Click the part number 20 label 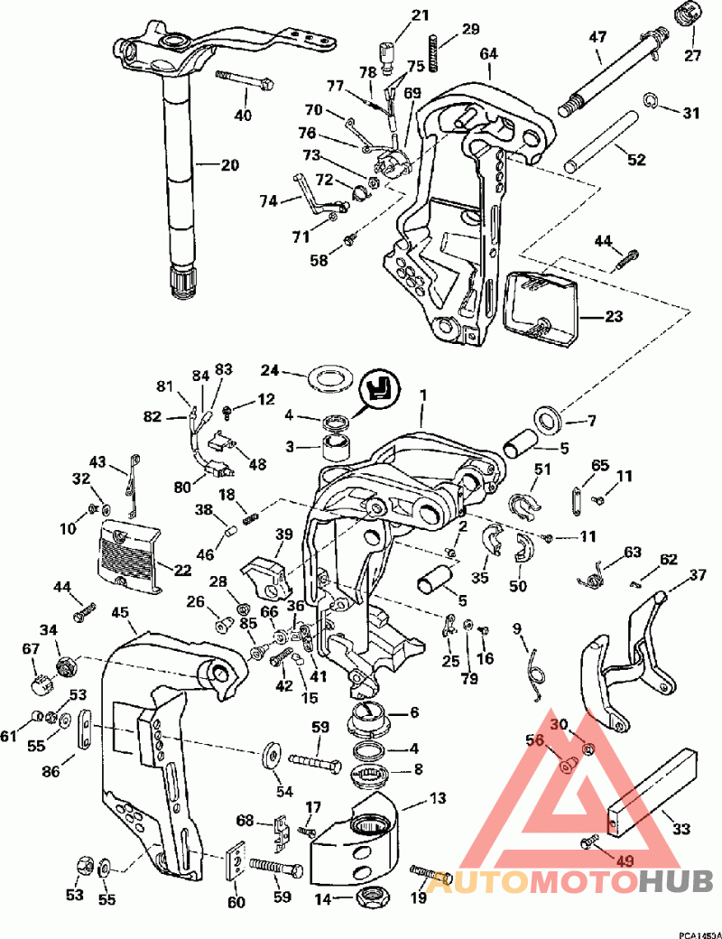[x=230, y=164]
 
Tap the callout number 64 [x=488, y=53]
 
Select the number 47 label [x=597, y=36]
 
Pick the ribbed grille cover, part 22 [x=130, y=555]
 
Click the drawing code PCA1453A [x=699, y=934]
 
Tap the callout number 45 [x=120, y=613]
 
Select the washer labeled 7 [x=546, y=418]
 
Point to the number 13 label [x=438, y=798]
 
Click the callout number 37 [x=698, y=575]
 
